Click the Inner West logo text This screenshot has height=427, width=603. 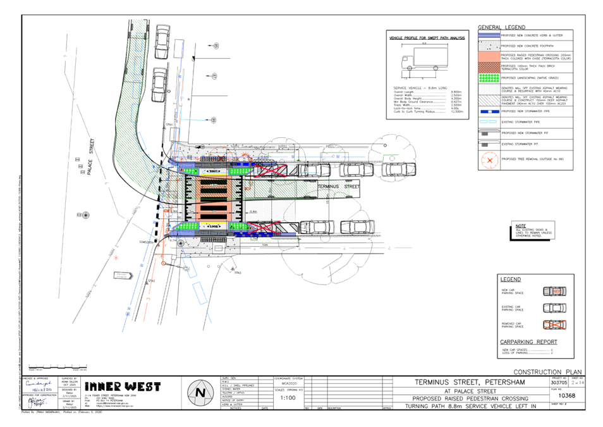(123, 387)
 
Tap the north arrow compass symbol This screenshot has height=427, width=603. (200, 392)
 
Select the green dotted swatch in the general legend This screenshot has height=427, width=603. (489, 78)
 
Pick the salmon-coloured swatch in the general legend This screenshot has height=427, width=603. (489, 57)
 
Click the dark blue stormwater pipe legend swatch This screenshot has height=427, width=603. (489, 111)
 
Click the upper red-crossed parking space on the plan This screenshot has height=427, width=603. (273, 170)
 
